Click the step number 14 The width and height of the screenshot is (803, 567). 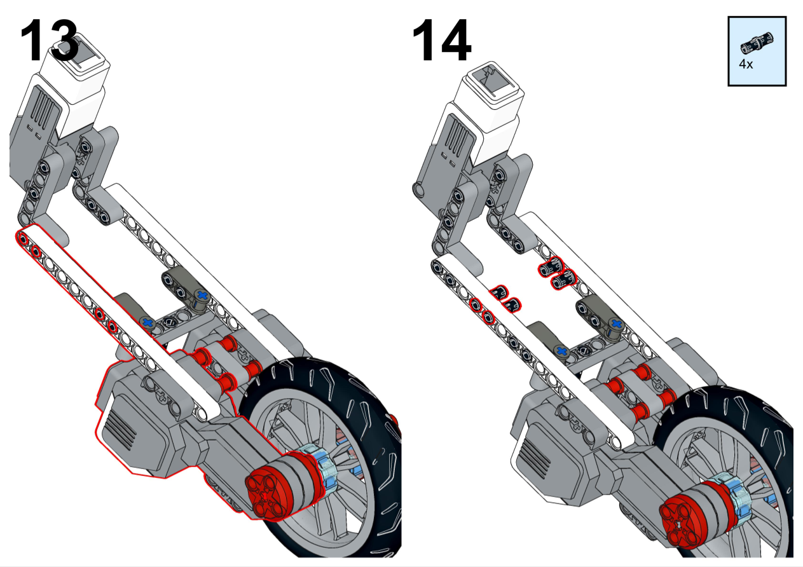pyautogui.click(x=442, y=40)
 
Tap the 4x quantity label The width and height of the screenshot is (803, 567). pyautogui.click(x=746, y=64)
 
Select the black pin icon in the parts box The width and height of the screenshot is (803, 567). pyautogui.click(x=757, y=44)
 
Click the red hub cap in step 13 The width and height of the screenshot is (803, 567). pyautogui.click(x=268, y=489)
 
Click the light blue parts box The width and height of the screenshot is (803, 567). pyautogui.click(x=757, y=51)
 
